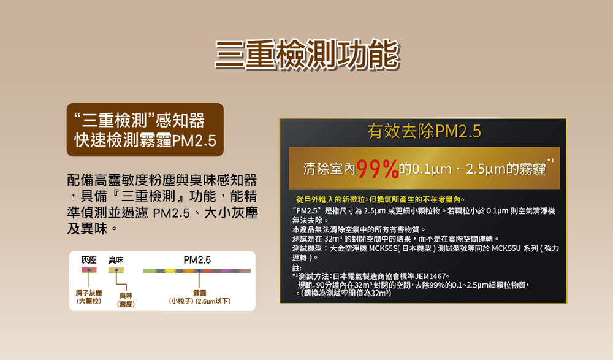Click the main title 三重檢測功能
pyautogui.click(x=307, y=55)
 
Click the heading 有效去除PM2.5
pyautogui.click(x=424, y=131)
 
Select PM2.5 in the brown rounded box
pyautogui.click(x=194, y=140)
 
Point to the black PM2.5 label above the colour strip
pyautogui.click(x=197, y=260)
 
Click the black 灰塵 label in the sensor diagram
pyautogui.click(x=89, y=260)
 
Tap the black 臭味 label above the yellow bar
pyautogui.click(x=116, y=260)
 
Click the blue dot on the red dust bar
pyautogui.click(x=89, y=270)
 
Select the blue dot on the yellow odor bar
pyautogui.click(x=116, y=270)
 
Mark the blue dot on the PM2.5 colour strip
pyautogui.click(x=199, y=270)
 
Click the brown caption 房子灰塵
pyautogui.click(x=89, y=293)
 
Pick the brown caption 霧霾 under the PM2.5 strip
pyautogui.click(x=199, y=293)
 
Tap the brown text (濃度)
pyautogui.click(x=126, y=304)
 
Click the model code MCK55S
pyautogui.click(x=384, y=248)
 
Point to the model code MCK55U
pyautogui.click(x=506, y=248)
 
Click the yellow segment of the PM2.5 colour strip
pyautogui.click(x=170, y=270)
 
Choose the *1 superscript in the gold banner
pyautogui.click(x=550, y=161)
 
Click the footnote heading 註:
pyautogui.click(x=297, y=268)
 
